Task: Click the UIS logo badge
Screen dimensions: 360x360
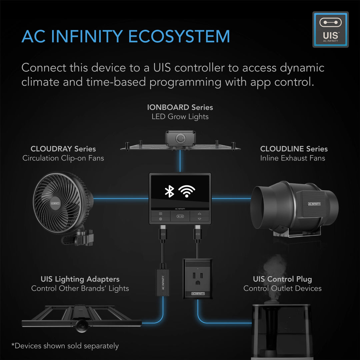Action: click(330, 29)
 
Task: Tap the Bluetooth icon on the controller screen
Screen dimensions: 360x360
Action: click(170, 191)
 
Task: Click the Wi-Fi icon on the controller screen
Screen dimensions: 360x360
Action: click(187, 191)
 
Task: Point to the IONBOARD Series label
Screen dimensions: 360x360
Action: click(180, 107)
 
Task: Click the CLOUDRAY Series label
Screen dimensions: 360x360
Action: click(63, 149)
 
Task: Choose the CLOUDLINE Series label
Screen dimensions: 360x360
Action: click(294, 149)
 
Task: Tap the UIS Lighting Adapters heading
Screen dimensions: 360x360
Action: click(80, 279)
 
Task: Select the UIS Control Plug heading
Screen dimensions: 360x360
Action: click(282, 279)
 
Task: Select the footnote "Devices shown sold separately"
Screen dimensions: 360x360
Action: click(65, 346)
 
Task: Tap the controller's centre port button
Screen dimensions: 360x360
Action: click(180, 216)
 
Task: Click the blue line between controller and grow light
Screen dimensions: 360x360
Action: click(180, 161)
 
